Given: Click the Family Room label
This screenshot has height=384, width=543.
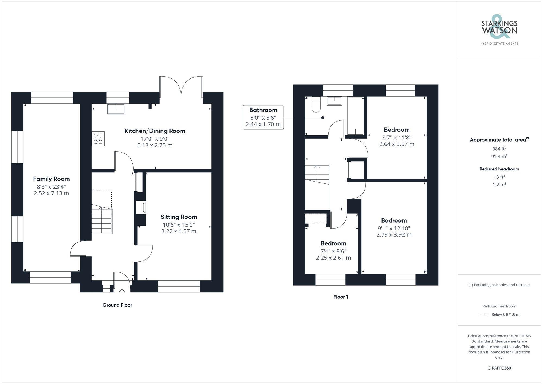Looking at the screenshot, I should [x=51, y=179].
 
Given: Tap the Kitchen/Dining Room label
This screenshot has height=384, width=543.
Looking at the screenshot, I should [x=155, y=131].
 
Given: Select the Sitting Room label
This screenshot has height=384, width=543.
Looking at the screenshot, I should [x=179, y=217].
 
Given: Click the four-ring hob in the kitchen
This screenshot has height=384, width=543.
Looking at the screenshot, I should [x=98, y=138].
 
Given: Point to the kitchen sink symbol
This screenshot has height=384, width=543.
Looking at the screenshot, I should [x=116, y=109].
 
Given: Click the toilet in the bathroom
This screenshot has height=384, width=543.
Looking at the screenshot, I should [x=316, y=105].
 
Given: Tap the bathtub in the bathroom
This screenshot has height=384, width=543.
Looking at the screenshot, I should [x=355, y=116].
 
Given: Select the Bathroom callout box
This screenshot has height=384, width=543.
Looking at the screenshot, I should [x=263, y=117].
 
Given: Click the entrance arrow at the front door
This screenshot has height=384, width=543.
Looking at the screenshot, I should [x=122, y=291].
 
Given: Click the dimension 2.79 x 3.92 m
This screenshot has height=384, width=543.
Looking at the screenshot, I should [x=394, y=235].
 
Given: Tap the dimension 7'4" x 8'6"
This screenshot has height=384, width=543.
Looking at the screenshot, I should [x=333, y=251].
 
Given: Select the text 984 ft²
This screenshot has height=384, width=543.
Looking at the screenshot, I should [x=499, y=149].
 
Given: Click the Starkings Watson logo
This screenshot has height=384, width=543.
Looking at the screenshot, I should [x=499, y=30].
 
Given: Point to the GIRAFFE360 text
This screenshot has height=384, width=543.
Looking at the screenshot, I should [x=499, y=368].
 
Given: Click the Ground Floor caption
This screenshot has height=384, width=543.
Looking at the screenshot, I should [x=117, y=305].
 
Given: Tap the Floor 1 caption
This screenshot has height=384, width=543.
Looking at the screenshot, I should [x=340, y=297].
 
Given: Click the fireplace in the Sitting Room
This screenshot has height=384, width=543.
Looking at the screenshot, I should [x=141, y=208].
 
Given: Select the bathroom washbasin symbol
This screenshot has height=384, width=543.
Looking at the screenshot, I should [x=334, y=101].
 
